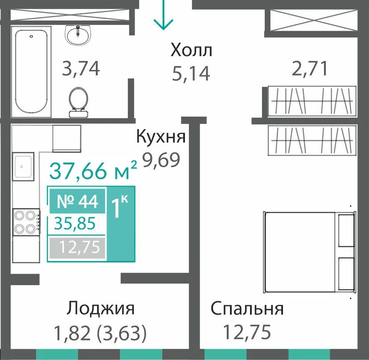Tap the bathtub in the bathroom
click(x=31, y=72)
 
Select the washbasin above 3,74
click(x=78, y=35)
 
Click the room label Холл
click(x=191, y=50)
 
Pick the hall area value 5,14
click(x=191, y=74)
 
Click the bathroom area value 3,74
click(x=81, y=69)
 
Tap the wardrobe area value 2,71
click(x=309, y=69)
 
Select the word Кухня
click(x=161, y=136)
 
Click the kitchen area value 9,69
click(x=161, y=160)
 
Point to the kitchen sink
click(x=23, y=166)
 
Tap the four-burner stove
click(x=26, y=222)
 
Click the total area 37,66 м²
click(x=93, y=170)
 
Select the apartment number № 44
click(x=78, y=201)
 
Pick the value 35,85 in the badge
click(x=75, y=223)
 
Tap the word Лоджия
click(x=100, y=308)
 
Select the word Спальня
click(x=247, y=308)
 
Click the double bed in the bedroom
click(x=310, y=252)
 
